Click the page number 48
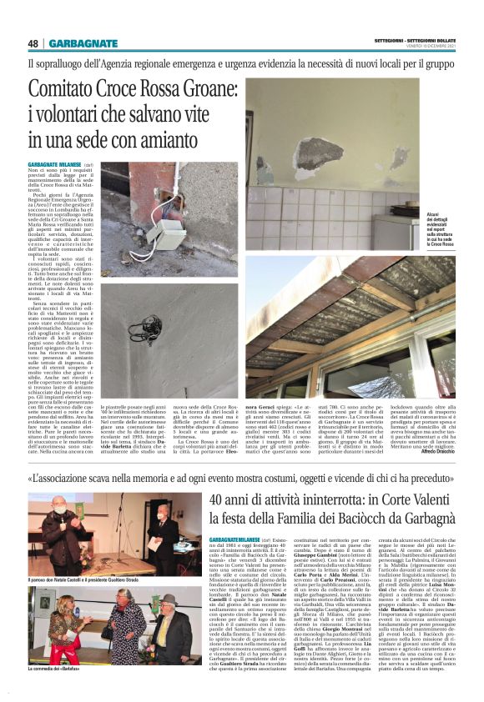click(33, 43)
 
